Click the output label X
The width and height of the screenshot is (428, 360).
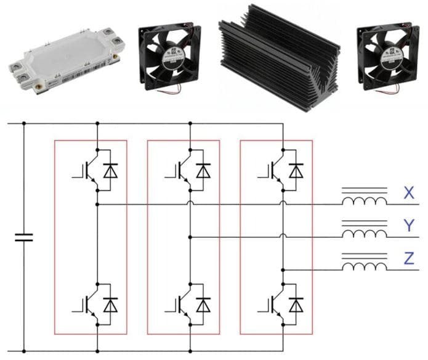tap(409, 194)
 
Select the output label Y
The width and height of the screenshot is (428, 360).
tap(409, 227)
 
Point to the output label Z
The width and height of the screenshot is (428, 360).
tap(409, 260)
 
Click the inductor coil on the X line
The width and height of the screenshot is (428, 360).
tap(365, 200)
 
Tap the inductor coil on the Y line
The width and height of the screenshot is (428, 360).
tap(365, 233)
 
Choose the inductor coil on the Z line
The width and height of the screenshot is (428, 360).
tap(365, 266)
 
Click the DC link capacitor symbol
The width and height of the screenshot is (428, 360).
tap(24, 237)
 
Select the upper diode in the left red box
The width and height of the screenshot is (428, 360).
tap(111, 170)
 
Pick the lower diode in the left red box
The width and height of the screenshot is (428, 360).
tap(111, 305)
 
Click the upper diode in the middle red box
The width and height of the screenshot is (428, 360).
tap(203, 170)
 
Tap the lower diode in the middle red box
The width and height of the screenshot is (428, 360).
tap(203, 305)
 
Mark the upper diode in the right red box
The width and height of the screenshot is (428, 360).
tap(296, 170)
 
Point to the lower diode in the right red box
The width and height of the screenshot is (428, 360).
tap(296, 305)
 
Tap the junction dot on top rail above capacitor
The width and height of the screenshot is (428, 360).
tap(24, 123)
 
